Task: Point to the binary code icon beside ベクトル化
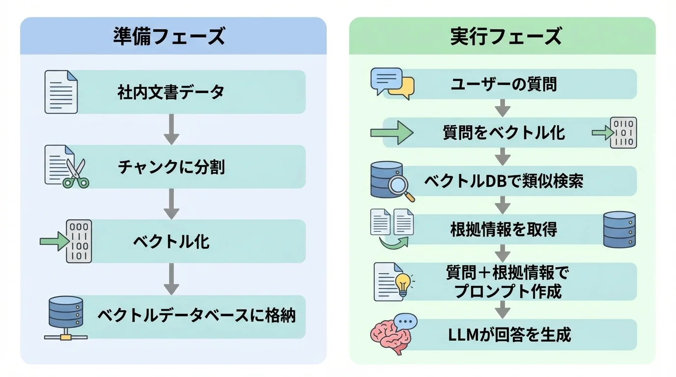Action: (x=79, y=242)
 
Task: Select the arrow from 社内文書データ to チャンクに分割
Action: (x=171, y=129)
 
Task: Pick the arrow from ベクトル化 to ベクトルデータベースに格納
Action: (x=171, y=278)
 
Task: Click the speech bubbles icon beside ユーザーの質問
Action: (x=392, y=84)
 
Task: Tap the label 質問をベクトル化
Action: (x=504, y=133)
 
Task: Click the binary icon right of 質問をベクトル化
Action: (x=623, y=133)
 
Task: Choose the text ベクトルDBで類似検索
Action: (x=504, y=181)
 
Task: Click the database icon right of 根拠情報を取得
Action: (x=619, y=229)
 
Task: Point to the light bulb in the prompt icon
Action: (x=403, y=284)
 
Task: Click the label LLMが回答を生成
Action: (x=509, y=335)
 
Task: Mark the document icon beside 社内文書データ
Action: (x=61, y=92)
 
